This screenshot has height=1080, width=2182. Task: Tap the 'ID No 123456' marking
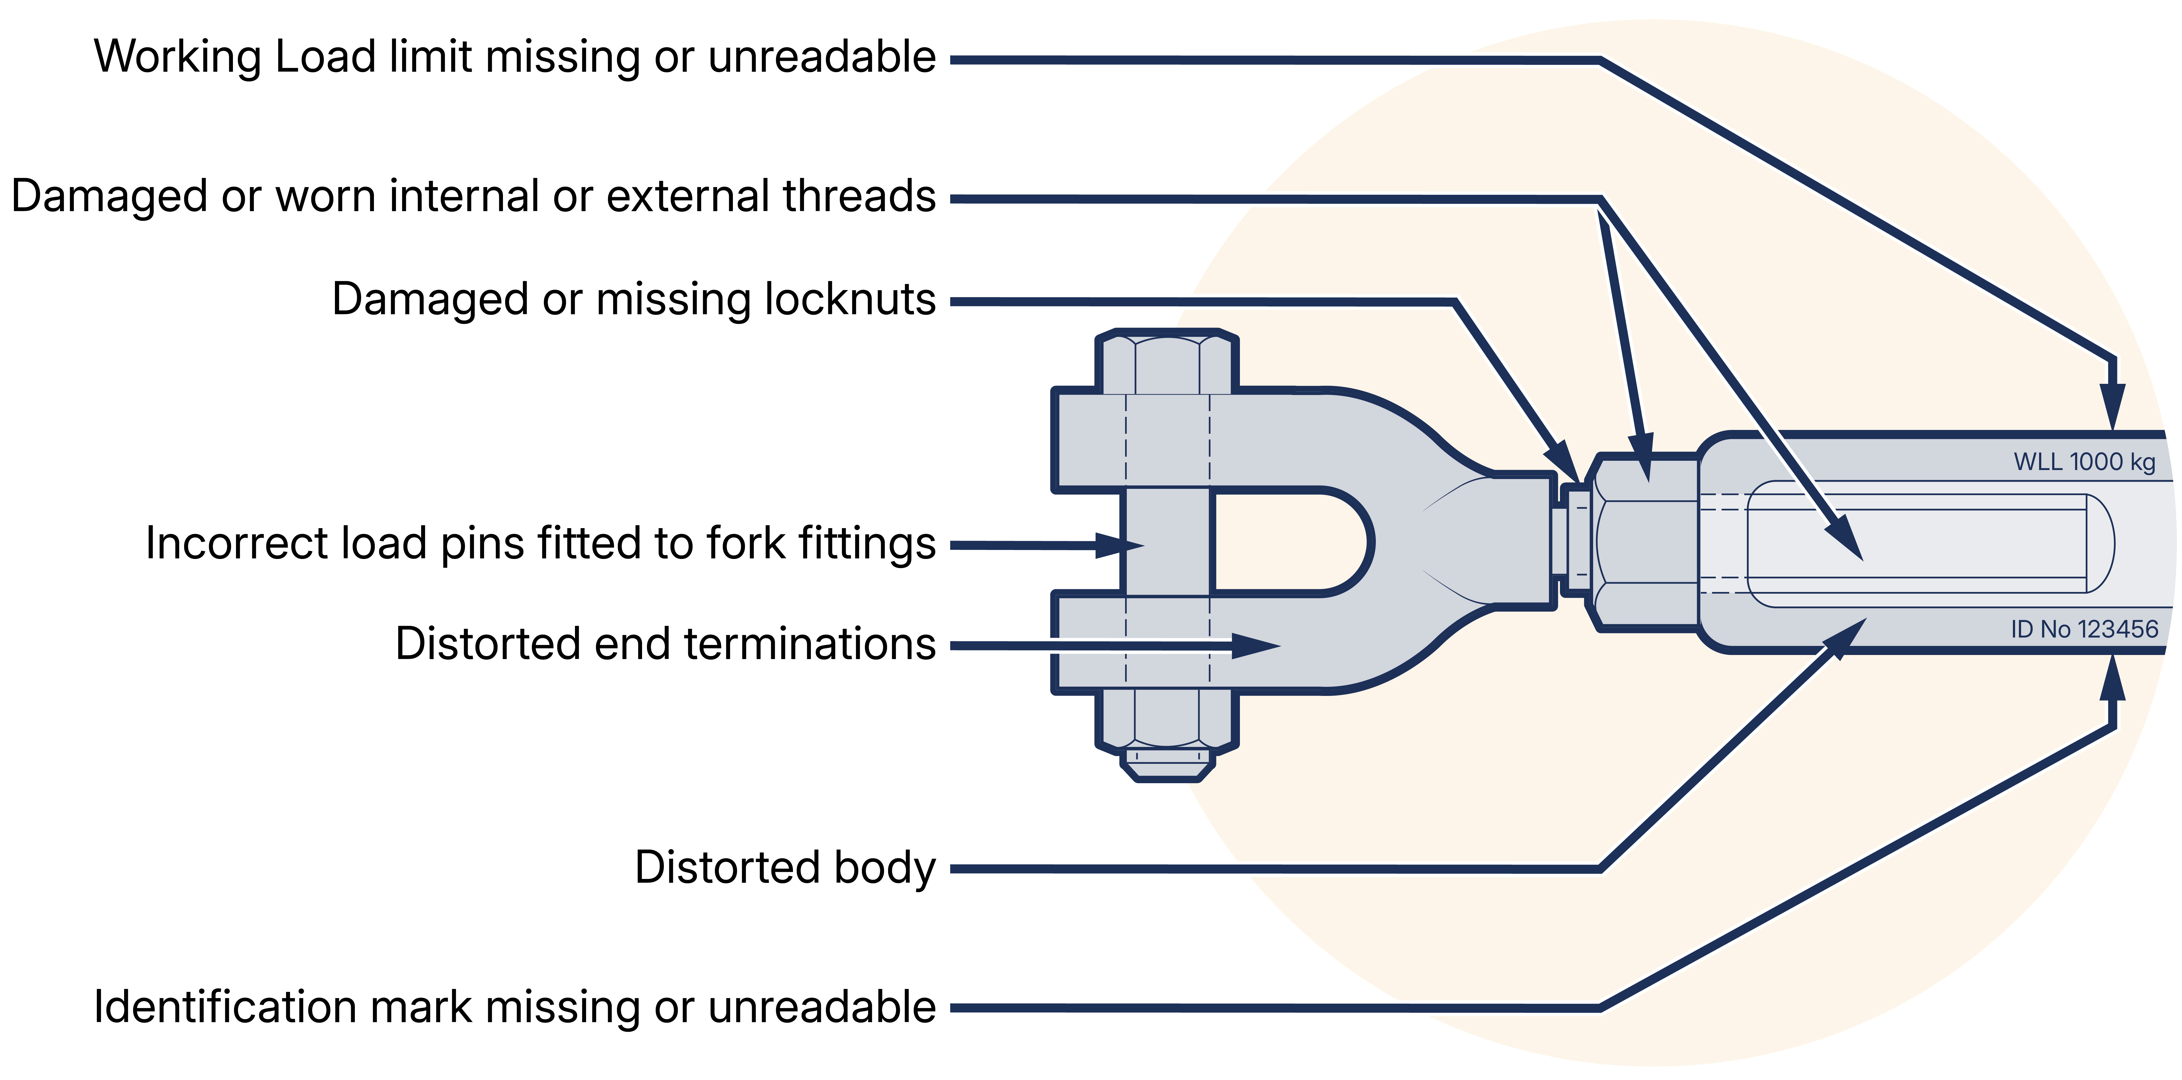(2084, 629)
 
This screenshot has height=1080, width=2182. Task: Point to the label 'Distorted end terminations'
(665, 644)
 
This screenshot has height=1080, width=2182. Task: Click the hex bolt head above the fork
(1166, 364)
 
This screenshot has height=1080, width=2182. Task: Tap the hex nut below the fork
(1166, 724)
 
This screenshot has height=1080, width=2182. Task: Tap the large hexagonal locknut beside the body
(1646, 542)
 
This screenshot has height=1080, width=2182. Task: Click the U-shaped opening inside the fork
(1287, 542)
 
